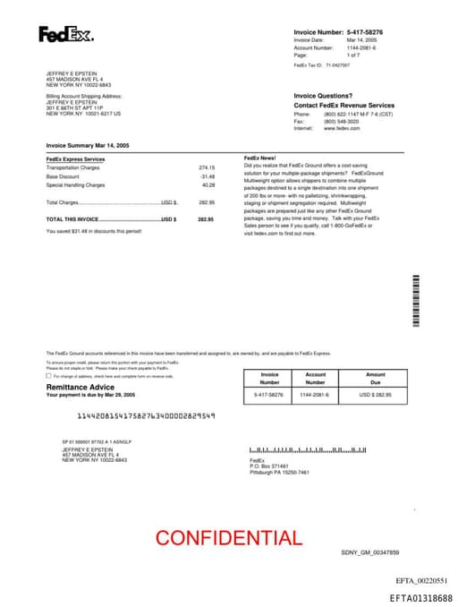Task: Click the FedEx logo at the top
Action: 65,35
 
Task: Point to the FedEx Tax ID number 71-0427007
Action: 338,65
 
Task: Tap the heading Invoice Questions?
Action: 323,96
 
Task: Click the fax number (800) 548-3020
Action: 340,122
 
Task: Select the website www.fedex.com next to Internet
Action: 342,128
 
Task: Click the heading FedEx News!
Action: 259,158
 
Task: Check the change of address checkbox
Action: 49,376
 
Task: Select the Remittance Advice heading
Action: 81,387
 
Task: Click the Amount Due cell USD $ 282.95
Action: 376,395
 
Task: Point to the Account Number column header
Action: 316,378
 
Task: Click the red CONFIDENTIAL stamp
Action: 229,538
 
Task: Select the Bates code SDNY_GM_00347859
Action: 370,553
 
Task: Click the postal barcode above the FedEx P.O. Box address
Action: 309,449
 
